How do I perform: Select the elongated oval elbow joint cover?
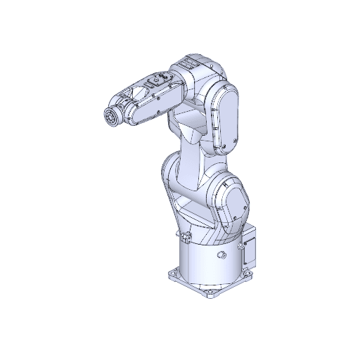225,117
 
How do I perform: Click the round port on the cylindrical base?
222,254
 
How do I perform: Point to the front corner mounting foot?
210,293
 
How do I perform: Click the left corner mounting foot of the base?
172,273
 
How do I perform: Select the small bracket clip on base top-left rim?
184,236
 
